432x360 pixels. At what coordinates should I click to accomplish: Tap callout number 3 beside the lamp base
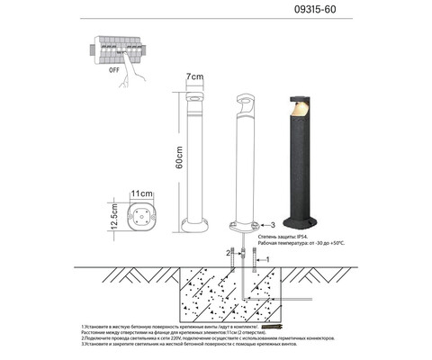coord(273,225)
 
